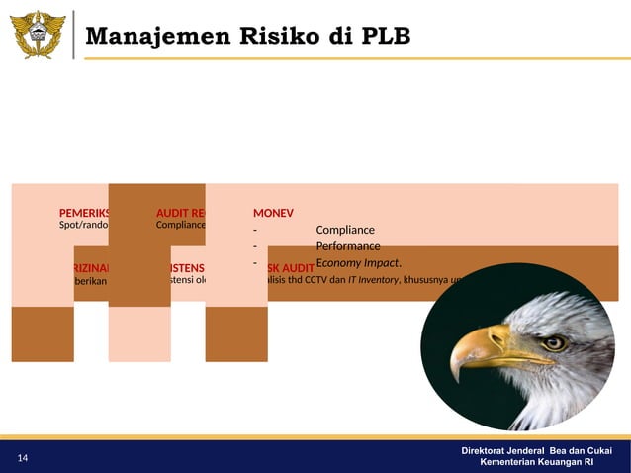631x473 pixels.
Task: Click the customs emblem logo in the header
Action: pos(39,35)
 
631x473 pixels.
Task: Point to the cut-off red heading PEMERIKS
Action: pos(84,212)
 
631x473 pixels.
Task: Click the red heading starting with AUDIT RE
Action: pos(180,212)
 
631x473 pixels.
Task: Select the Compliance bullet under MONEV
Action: pos(345,231)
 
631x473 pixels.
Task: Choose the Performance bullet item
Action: pos(348,246)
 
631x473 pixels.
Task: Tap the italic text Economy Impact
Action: pos(358,263)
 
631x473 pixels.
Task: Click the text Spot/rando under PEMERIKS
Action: pos(84,225)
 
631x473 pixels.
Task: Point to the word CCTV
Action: pos(317,280)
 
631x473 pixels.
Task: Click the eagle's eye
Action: pos(555,343)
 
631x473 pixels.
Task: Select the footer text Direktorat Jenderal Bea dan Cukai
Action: pos(536,451)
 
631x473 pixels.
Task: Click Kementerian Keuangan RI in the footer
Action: pos(536,463)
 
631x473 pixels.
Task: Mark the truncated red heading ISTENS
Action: pos(187,267)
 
